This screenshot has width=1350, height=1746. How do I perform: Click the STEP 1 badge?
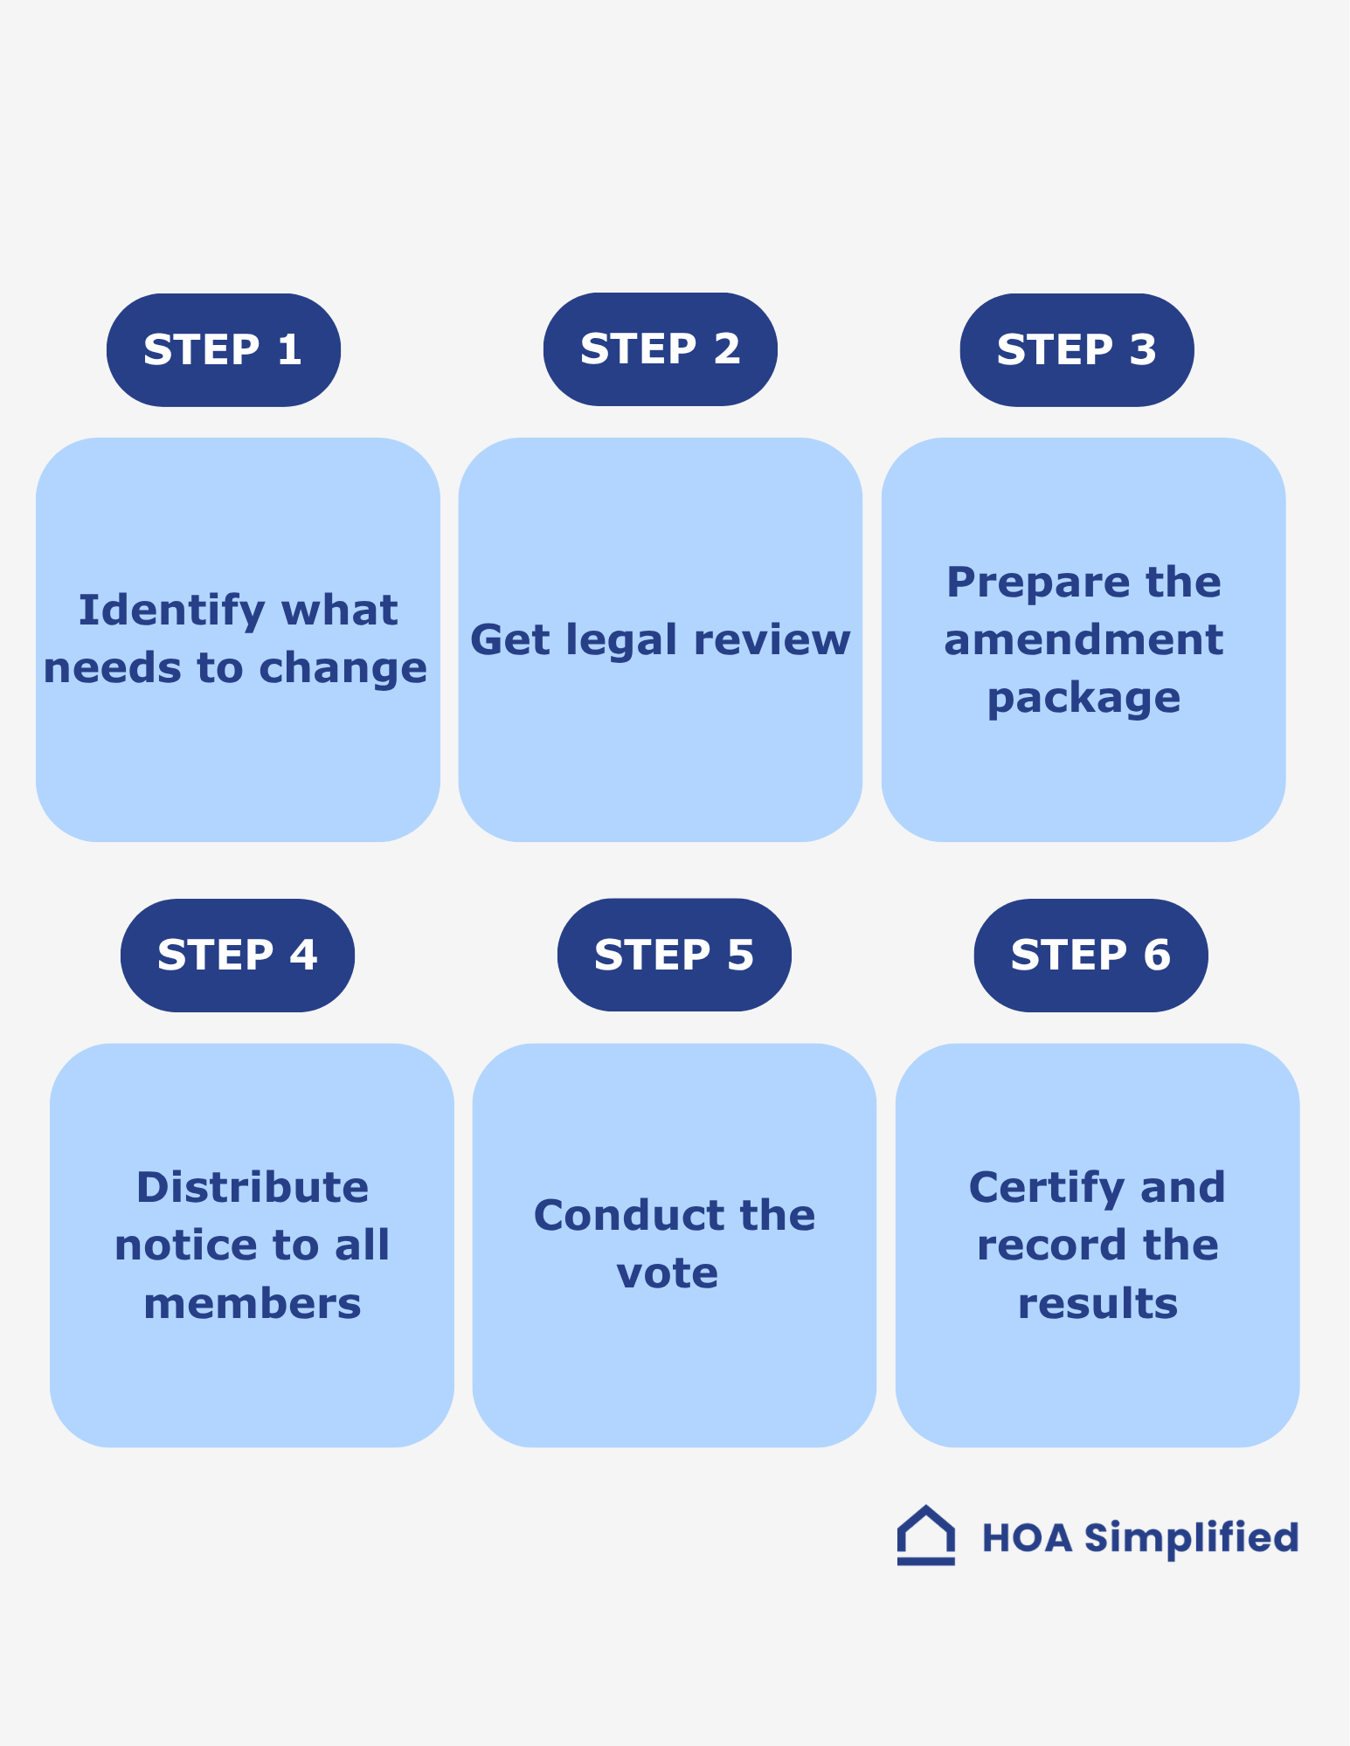(223, 349)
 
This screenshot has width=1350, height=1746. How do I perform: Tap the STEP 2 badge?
(660, 349)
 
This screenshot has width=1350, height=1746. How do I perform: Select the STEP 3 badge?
(1077, 349)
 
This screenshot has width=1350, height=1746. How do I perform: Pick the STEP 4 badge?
(237, 955)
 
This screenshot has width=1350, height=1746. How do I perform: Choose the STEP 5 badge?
(674, 955)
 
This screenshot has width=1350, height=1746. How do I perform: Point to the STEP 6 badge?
(1090, 955)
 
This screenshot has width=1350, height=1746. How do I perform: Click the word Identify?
(171, 611)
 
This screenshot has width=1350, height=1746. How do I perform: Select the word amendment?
(1083, 640)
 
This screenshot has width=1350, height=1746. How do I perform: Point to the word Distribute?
(253, 1188)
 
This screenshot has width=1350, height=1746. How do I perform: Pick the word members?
(253, 1304)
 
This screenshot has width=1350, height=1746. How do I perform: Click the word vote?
(667, 1273)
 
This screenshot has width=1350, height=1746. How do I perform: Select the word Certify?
(1046, 1188)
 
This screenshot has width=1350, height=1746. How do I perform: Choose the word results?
(1097, 1304)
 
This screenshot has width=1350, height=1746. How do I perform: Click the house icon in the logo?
(925, 1536)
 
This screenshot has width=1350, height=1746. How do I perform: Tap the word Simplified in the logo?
(1191, 1538)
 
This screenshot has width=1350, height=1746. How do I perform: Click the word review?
(772, 640)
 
